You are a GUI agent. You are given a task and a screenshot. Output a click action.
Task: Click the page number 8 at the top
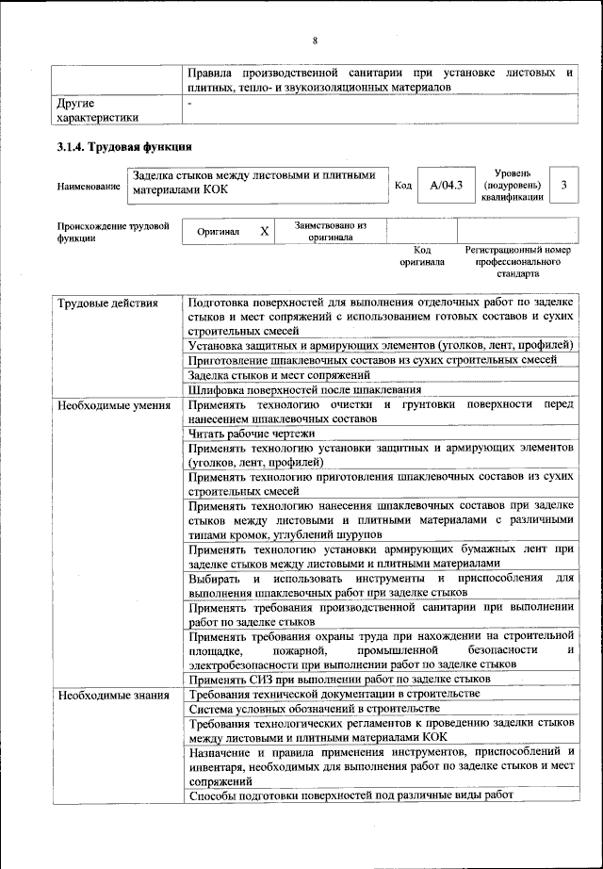tap(315, 40)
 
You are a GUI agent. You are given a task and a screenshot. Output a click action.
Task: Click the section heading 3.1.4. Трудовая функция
tap(125, 146)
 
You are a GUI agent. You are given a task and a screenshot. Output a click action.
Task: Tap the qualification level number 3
tap(563, 185)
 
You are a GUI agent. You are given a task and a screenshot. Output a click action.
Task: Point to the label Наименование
tap(89, 187)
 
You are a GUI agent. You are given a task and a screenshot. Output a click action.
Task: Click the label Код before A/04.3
tap(402, 186)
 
